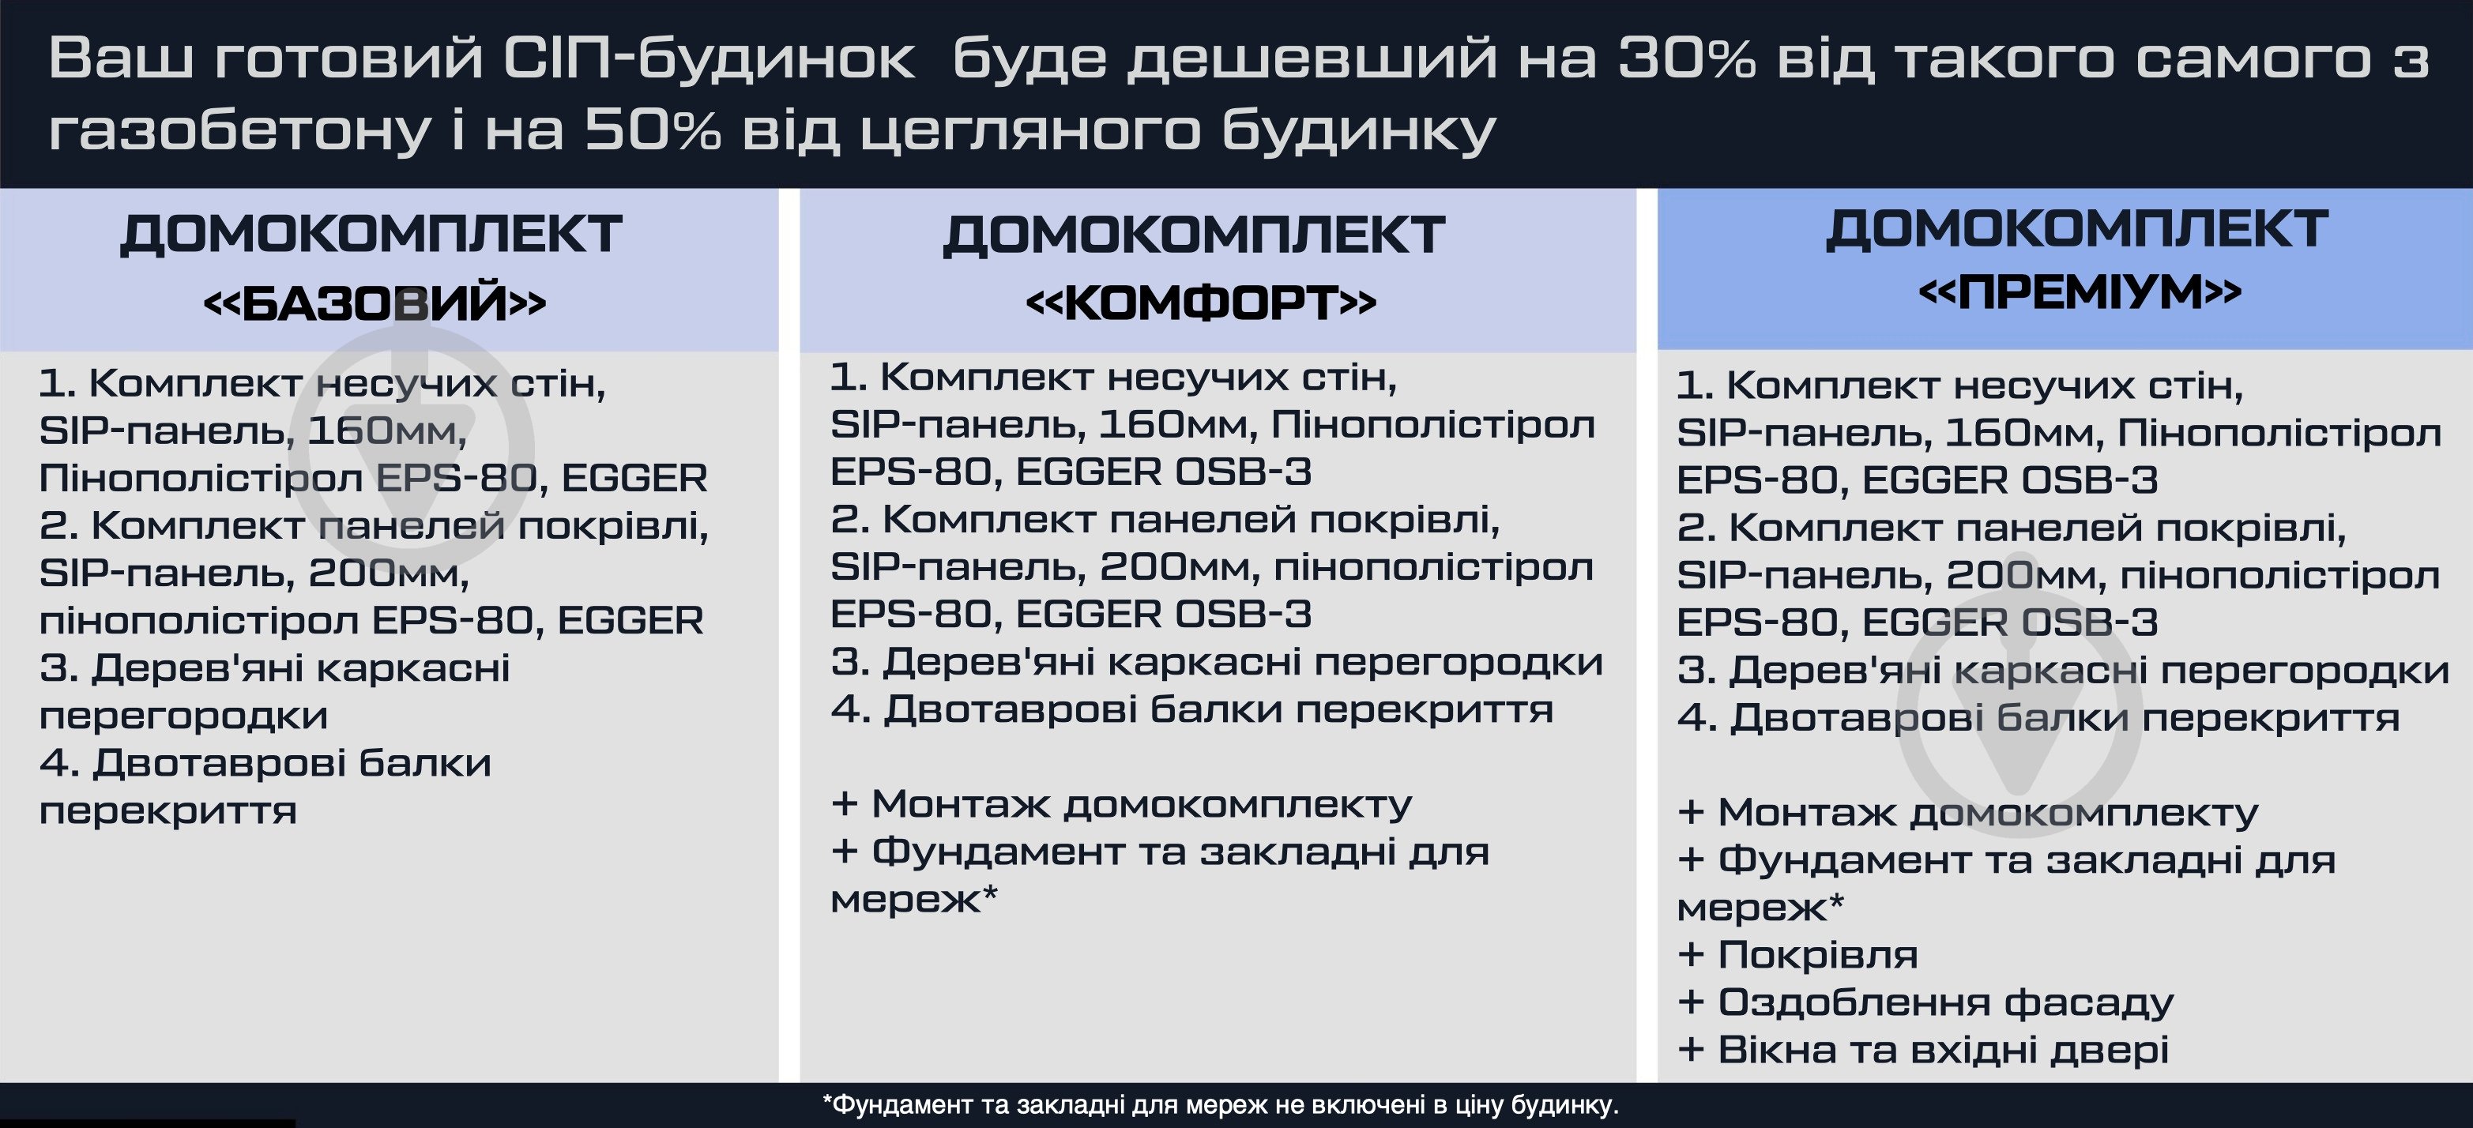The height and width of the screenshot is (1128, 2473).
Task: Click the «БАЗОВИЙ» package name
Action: tap(375, 303)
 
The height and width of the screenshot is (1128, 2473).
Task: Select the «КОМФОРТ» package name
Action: tap(1201, 303)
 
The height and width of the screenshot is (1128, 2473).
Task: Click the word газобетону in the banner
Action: tap(238, 131)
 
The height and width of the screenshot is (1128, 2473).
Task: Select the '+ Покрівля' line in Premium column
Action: tap(1797, 954)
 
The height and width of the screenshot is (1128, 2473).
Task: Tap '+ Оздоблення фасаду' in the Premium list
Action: tap(1925, 1002)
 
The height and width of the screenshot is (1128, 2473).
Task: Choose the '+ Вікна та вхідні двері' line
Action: tap(1923, 1049)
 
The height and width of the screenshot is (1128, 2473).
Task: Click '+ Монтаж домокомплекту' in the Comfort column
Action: tap(1120, 803)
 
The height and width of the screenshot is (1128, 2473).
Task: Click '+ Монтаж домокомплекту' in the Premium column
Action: tap(1967, 812)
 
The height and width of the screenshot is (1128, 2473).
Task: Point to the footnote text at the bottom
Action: tap(1220, 1105)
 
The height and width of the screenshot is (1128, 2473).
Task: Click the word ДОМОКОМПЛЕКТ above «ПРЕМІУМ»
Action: tap(2076, 228)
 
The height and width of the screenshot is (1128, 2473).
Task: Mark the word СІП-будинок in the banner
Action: tap(709, 59)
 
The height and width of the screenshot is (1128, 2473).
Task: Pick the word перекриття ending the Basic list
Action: tap(168, 810)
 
